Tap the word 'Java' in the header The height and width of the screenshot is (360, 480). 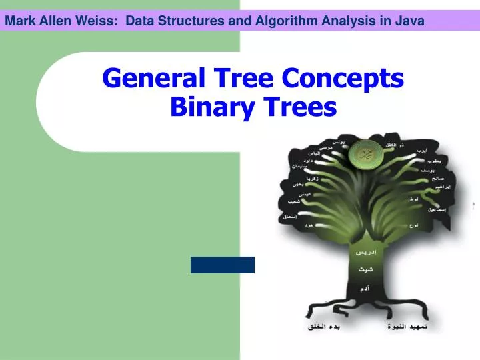point(409,21)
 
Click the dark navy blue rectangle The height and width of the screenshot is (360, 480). point(223,265)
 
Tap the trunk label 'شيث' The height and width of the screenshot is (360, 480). point(363,269)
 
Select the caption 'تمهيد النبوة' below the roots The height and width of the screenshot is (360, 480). point(406,327)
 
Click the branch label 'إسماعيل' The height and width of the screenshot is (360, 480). point(436,209)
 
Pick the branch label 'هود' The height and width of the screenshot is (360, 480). point(309,225)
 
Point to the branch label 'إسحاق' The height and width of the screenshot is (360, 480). point(289,216)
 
